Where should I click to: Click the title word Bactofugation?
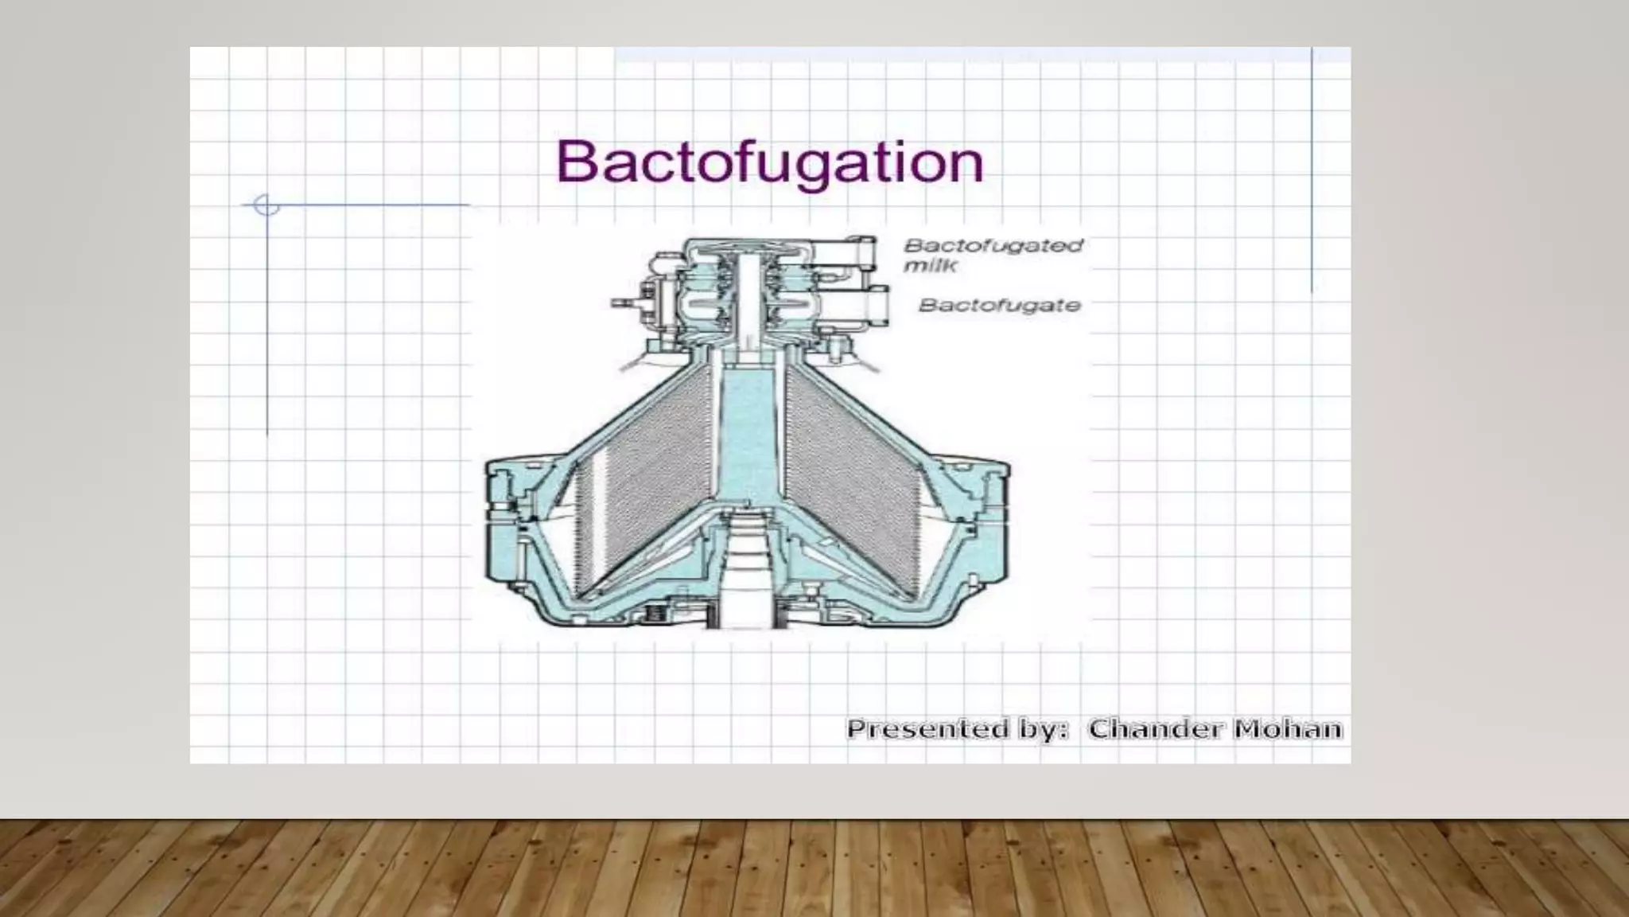[x=769, y=163]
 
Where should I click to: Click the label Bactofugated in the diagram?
[x=993, y=245]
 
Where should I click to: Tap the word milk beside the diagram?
[x=930, y=265]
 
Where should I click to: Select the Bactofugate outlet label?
[x=1000, y=305]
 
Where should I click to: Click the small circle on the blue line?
[x=266, y=205]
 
